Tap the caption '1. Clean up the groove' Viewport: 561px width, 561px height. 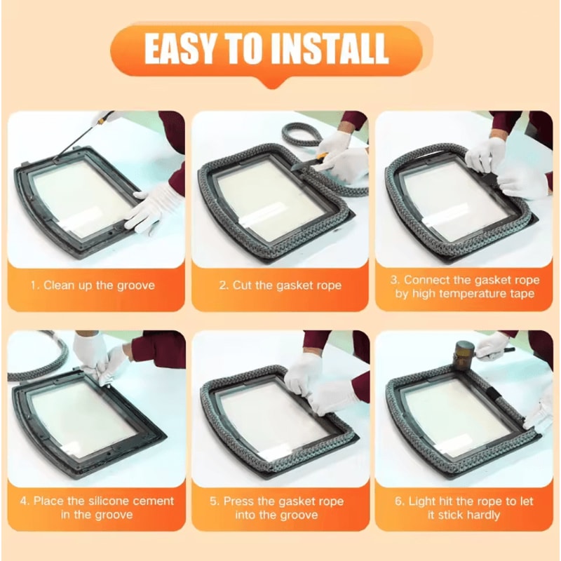(x=92, y=285)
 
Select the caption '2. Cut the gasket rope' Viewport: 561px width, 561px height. (x=280, y=285)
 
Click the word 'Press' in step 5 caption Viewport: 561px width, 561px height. (x=238, y=501)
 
